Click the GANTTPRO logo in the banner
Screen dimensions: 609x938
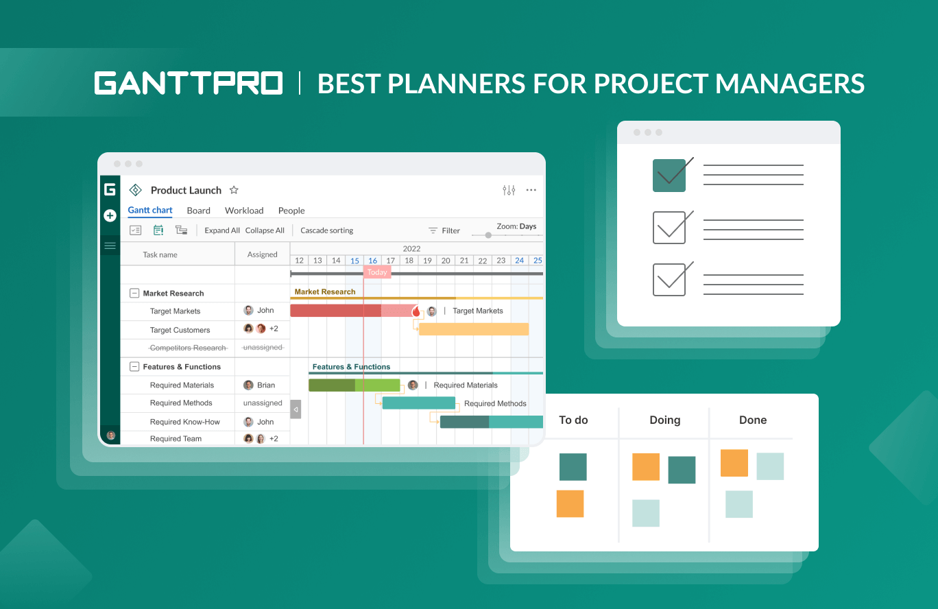click(x=189, y=83)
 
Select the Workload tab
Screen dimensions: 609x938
click(x=244, y=211)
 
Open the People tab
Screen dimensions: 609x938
click(x=291, y=211)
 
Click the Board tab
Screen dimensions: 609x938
click(x=198, y=211)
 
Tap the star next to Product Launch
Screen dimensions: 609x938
click(x=234, y=190)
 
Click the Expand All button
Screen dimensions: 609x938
click(x=222, y=230)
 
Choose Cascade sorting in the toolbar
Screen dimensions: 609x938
click(x=327, y=230)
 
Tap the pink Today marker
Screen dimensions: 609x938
click(x=377, y=272)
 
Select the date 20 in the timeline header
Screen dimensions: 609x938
click(x=446, y=261)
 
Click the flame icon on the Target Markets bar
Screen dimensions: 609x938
click(x=416, y=311)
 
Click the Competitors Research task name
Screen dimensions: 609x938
click(x=188, y=348)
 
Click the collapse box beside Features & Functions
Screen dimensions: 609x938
click(x=134, y=367)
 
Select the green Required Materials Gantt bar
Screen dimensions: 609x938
click(x=354, y=385)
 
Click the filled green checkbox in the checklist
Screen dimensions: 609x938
click(x=669, y=176)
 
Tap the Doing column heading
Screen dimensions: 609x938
click(x=664, y=420)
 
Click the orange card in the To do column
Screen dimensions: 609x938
click(x=570, y=503)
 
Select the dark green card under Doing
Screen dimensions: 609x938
click(x=682, y=470)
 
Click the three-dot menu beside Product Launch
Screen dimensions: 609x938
click(x=531, y=190)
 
